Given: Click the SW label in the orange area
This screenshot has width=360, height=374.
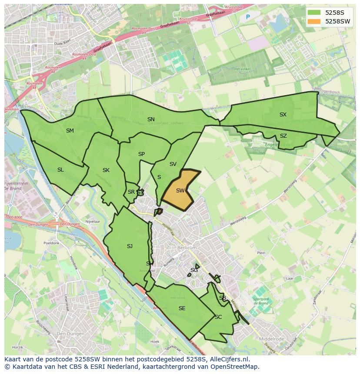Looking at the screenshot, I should (x=180, y=191).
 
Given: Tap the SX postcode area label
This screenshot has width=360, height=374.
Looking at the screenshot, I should (x=283, y=115).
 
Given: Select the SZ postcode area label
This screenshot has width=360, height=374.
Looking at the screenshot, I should (x=283, y=136).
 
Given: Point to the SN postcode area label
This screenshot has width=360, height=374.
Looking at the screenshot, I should (x=151, y=119).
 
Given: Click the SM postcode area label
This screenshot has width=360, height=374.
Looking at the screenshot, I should (x=70, y=131).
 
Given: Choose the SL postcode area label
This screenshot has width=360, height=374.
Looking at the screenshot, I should (x=60, y=170).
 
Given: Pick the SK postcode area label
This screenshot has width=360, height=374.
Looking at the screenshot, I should (x=106, y=170).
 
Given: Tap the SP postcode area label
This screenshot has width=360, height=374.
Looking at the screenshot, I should (x=141, y=154).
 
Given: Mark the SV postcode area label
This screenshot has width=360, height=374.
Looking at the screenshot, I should (x=173, y=164).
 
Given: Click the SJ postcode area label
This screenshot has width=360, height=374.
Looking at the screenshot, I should (x=130, y=246).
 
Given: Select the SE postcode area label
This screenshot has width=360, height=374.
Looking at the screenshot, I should (x=182, y=308).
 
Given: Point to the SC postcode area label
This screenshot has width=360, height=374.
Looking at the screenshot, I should (x=218, y=317).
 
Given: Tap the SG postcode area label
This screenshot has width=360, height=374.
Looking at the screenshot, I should (x=194, y=270).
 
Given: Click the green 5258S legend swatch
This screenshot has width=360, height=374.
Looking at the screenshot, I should (x=313, y=13).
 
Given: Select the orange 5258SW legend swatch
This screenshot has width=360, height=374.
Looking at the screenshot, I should (x=313, y=21).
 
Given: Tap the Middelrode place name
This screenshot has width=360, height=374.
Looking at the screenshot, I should (x=271, y=339).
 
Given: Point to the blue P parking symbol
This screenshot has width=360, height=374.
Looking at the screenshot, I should (x=248, y=17).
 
